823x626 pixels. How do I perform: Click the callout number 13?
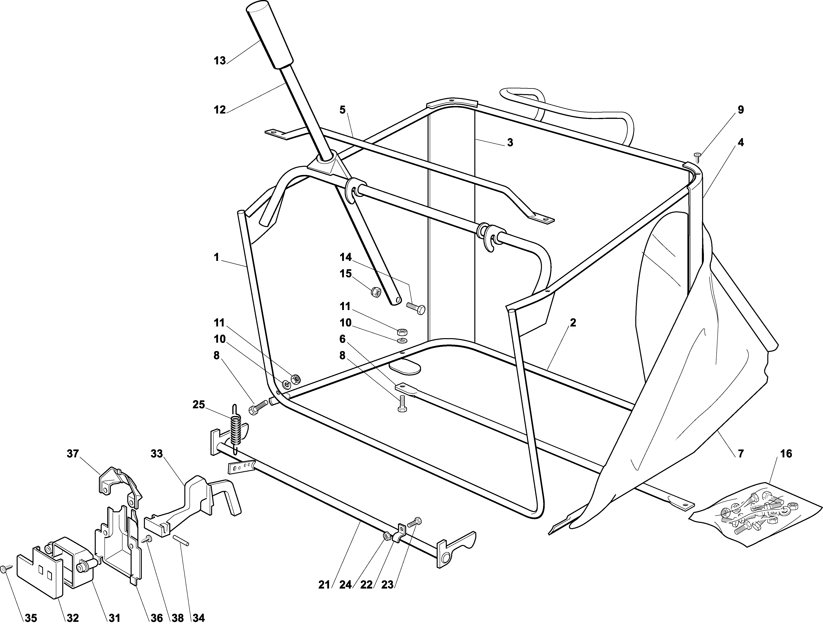(220, 61)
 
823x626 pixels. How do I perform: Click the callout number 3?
(510, 142)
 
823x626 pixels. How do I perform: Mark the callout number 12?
(220, 110)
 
